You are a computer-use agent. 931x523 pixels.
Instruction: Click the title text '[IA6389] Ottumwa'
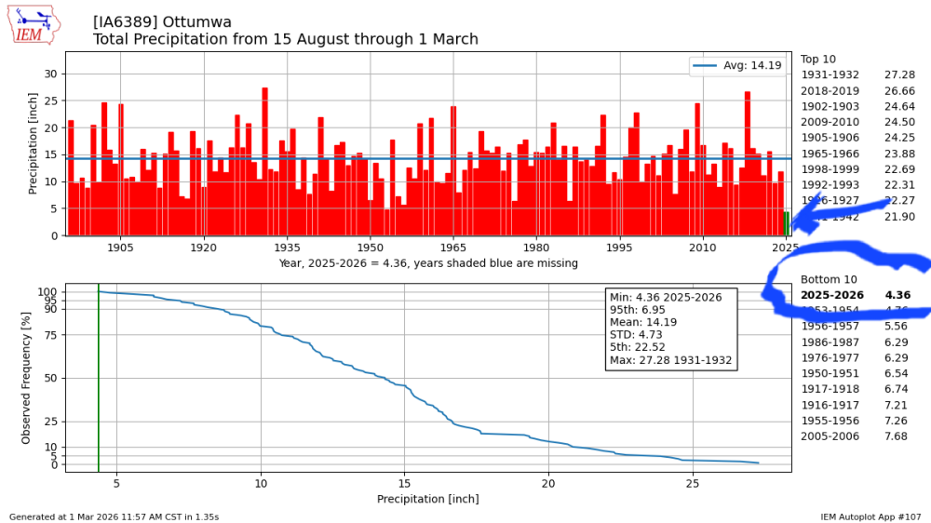click(x=162, y=21)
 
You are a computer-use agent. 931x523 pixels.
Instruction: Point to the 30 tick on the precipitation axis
click(x=52, y=74)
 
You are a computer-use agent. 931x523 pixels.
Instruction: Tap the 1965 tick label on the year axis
click(x=453, y=248)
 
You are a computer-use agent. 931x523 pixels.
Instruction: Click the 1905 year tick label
click(x=120, y=248)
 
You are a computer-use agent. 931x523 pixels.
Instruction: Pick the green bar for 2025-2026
click(x=786, y=223)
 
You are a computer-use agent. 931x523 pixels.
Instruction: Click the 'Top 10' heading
click(x=817, y=59)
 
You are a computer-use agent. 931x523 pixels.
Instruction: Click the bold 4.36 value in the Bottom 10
click(x=897, y=295)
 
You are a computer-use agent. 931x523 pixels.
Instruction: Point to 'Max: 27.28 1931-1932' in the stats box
click(x=670, y=359)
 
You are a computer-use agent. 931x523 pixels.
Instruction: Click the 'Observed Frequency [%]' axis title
click(x=26, y=377)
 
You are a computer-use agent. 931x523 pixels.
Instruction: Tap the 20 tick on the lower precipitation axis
click(x=548, y=483)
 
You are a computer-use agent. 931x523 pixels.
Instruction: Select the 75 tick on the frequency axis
click(x=52, y=335)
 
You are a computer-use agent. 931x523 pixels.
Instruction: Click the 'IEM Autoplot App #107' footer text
click(x=870, y=516)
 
